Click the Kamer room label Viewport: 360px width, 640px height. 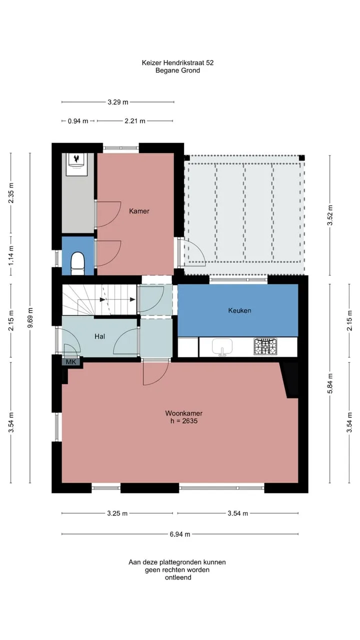point(139,211)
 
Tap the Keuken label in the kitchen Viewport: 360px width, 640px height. point(239,310)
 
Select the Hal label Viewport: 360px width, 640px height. point(99,336)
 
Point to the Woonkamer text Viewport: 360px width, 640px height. point(183,413)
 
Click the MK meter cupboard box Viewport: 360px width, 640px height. point(71,362)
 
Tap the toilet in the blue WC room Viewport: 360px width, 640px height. point(77,263)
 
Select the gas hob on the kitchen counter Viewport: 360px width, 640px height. point(265,346)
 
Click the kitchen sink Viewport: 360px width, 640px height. point(222,347)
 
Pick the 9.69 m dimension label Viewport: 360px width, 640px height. point(30,317)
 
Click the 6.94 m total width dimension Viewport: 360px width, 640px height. point(180,534)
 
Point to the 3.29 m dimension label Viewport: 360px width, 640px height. point(118,102)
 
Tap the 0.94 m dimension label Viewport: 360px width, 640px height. point(78,121)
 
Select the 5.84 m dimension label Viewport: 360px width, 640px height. point(330,383)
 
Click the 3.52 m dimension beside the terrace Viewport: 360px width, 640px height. point(330,215)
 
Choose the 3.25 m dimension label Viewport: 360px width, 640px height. point(117,513)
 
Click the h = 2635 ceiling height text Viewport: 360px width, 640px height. point(183,421)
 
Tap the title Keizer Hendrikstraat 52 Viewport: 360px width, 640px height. point(177,62)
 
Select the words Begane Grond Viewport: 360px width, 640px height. point(177,70)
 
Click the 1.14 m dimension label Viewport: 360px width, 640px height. point(11,255)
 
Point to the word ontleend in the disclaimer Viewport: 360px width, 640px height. point(178,577)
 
